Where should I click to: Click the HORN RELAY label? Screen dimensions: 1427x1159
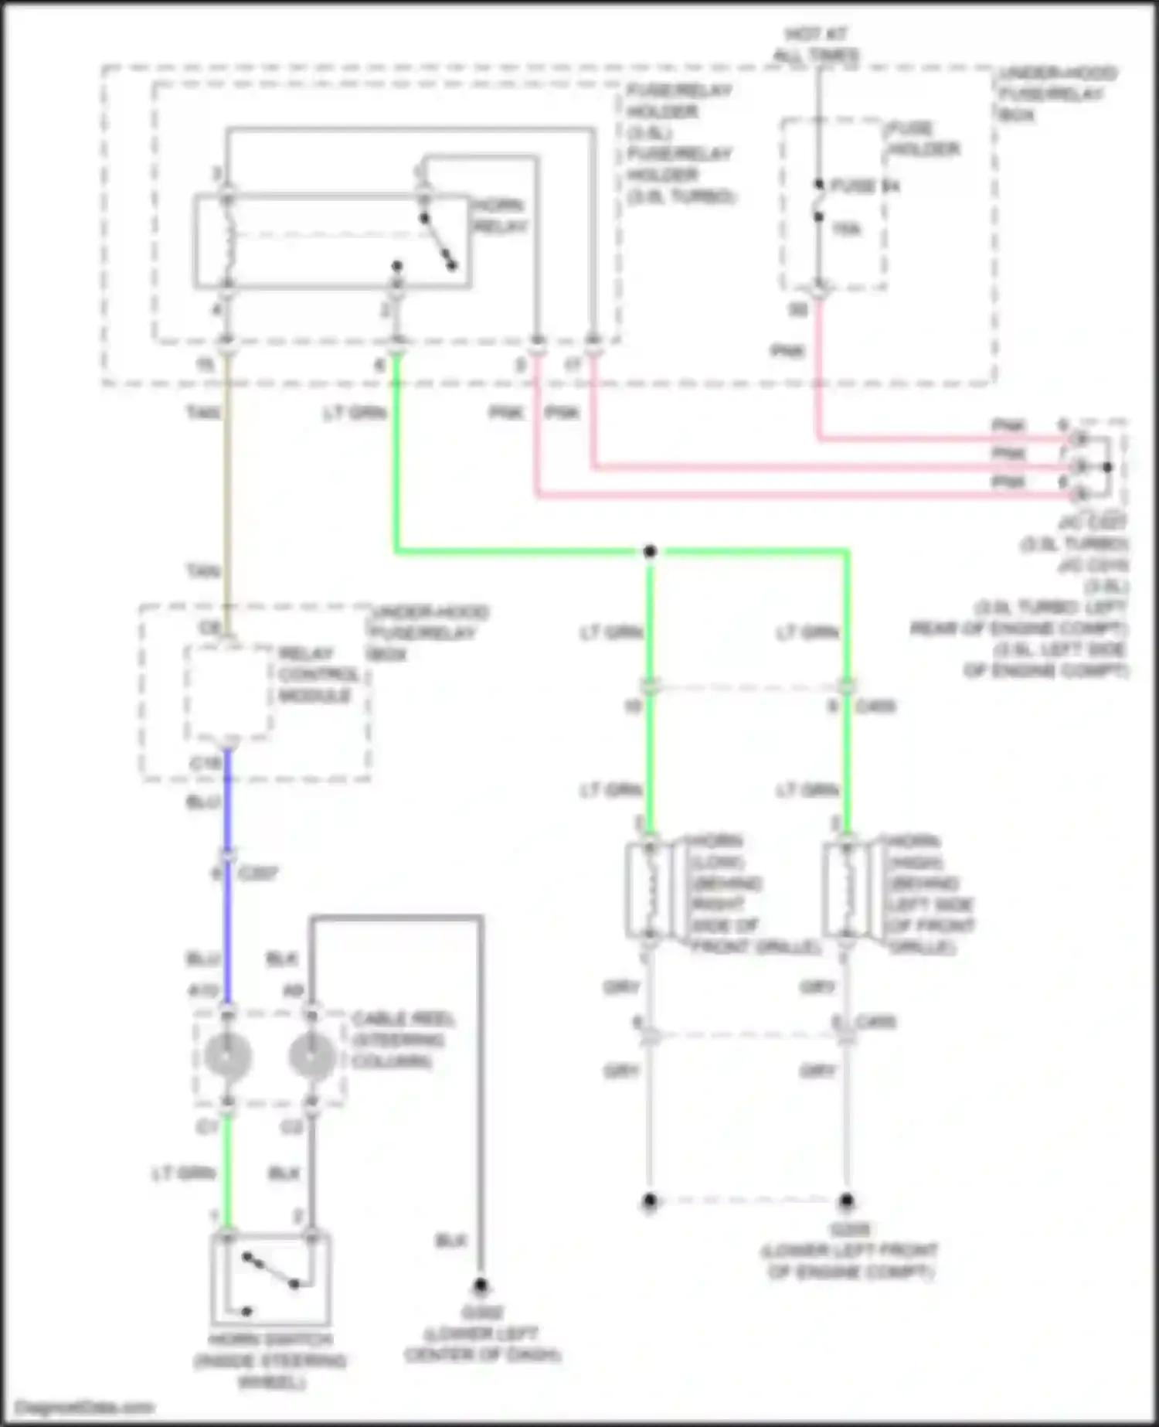pos(499,216)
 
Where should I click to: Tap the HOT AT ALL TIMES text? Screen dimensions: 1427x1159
pos(816,45)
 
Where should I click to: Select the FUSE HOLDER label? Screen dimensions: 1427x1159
pos(923,138)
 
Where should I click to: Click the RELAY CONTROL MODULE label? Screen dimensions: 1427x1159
pos(318,674)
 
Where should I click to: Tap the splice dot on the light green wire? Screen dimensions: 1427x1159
pos(650,551)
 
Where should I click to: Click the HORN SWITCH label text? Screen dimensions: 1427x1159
pos(270,1360)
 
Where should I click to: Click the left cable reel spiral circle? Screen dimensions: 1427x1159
pos(227,1056)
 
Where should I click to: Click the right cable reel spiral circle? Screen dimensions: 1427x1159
pos(311,1056)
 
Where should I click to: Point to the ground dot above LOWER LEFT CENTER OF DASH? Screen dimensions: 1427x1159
pos(481,1286)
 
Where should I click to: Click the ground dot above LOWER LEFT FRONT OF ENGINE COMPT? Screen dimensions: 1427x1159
pos(847,1201)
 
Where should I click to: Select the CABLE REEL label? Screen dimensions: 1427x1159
pos(402,1039)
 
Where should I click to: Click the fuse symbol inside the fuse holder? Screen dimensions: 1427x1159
pos(818,201)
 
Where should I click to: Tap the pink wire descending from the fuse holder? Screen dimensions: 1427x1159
pos(818,371)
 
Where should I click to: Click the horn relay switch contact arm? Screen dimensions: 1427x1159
pos(438,242)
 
